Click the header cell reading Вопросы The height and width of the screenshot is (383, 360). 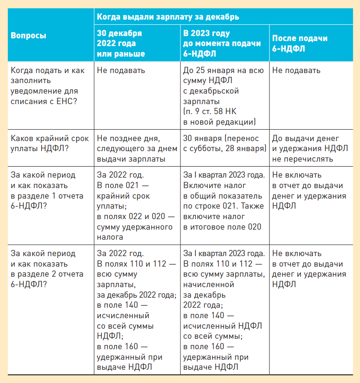(x=29, y=35)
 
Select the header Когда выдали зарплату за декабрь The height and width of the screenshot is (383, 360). (x=168, y=16)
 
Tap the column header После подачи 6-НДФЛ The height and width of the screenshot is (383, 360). (x=300, y=43)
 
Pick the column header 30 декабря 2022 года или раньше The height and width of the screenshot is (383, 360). (x=121, y=43)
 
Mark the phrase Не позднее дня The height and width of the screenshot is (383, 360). (x=127, y=139)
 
